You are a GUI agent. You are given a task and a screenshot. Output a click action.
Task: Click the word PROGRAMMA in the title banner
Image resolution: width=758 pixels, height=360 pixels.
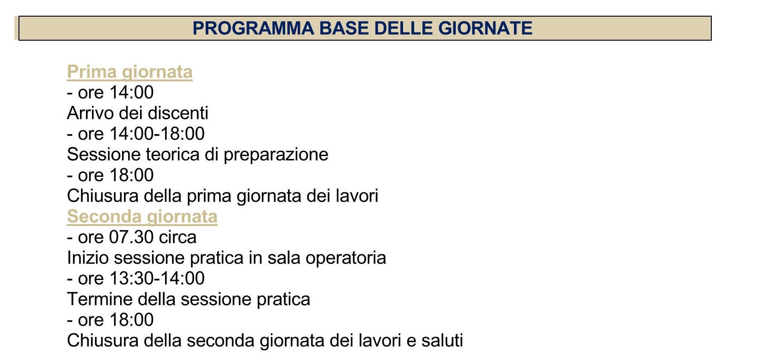[x=253, y=28]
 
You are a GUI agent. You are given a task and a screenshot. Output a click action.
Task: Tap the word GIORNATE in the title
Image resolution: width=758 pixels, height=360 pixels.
[x=485, y=28]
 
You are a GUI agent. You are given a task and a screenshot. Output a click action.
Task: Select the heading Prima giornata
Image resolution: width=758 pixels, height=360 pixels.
[x=129, y=72]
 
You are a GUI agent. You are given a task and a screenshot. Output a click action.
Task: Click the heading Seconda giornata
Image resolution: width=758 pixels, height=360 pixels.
[x=142, y=217]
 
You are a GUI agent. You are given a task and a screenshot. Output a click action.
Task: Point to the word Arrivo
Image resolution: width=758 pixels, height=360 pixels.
[x=90, y=113]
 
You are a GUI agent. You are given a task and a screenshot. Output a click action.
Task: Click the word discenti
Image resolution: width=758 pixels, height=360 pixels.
[x=178, y=113]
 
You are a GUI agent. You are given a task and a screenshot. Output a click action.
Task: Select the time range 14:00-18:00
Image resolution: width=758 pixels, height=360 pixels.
[x=157, y=134]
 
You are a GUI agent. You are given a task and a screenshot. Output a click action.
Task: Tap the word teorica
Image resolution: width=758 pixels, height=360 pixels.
[x=172, y=155]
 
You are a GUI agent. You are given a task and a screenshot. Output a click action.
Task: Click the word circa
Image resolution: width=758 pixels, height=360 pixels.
[x=177, y=237]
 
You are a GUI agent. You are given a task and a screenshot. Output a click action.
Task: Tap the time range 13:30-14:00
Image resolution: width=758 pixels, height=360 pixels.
[x=157, y=279]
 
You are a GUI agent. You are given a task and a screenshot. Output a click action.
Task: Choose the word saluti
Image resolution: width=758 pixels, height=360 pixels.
[x=442, y=341]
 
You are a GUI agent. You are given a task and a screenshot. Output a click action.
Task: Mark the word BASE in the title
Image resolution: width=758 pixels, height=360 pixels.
[x=344, y=28]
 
